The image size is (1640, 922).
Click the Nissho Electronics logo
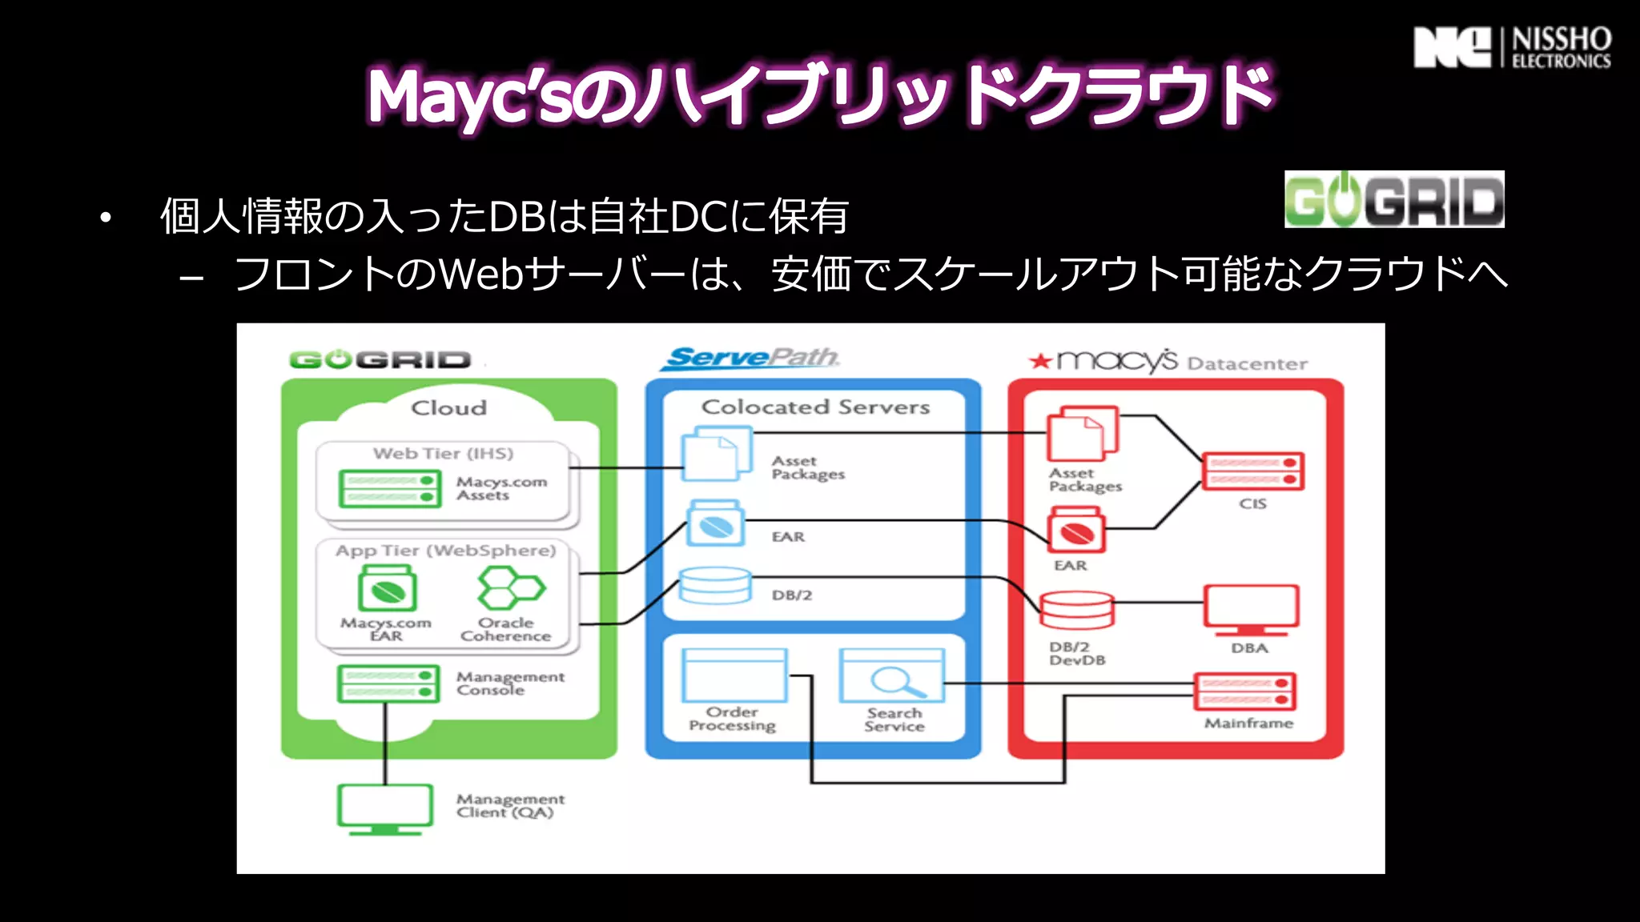[x=1512, y=48]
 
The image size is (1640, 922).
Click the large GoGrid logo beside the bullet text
[x=1393, y=200]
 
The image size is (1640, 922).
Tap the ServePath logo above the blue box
[x=750, y=358]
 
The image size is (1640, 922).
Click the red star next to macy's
[x=1040, y=361]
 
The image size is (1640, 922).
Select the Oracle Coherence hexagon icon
[x=510, y=588]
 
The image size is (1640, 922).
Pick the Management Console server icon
[x=388, y=683]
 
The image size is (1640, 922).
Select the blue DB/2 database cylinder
[x=714, y=587]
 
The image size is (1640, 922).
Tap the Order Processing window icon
[x=734, y=675]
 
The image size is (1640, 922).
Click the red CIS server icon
[x=1252, y=471]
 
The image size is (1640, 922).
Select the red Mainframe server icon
[x=1244, y=692]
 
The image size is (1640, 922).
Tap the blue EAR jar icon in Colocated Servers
[x=715, y=525]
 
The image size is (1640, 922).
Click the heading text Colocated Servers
[x=815, y=407]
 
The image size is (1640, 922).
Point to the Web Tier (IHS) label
[x=443, y=454]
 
